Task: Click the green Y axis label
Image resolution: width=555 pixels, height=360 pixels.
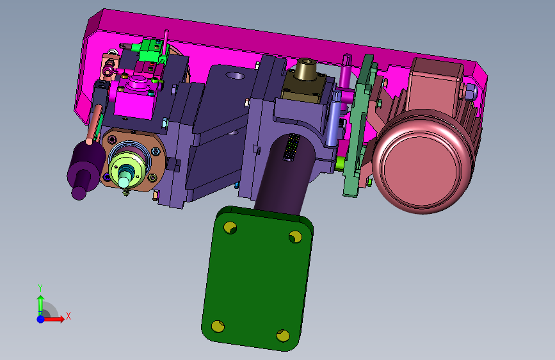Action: tap(40, 288)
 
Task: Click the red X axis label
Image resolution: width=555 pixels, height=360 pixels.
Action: tap(68, 316)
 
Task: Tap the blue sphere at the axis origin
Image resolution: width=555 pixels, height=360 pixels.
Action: tap(41, 319)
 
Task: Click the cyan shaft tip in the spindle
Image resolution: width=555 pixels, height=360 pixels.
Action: tap(124, 181)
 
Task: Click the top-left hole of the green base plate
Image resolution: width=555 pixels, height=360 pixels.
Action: tap(230, 227)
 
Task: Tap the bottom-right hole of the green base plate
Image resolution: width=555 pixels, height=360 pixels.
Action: tap(283, 335)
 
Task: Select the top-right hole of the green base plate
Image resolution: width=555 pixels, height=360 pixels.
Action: tap(295, 237)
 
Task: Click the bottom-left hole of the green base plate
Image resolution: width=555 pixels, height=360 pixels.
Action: tap(218, 326)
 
